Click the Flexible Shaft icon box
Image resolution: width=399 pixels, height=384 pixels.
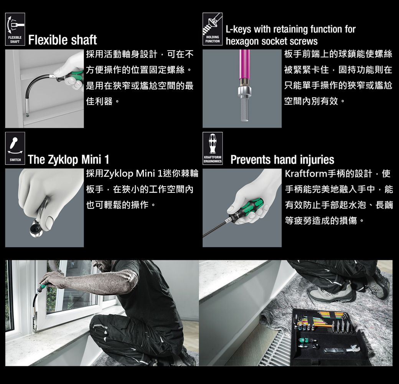tap(15, 29)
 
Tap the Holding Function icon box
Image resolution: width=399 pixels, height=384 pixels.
tap(213, 29)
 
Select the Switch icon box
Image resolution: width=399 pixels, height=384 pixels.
tap(15, 149)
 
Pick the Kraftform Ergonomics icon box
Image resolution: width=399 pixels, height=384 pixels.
tap(213, 149)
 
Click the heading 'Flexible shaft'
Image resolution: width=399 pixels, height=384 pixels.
tap(63, 40)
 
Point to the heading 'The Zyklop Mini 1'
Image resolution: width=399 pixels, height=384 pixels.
tap(68, 160)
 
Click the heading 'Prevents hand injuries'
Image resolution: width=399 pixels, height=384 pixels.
tap(282, 160)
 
